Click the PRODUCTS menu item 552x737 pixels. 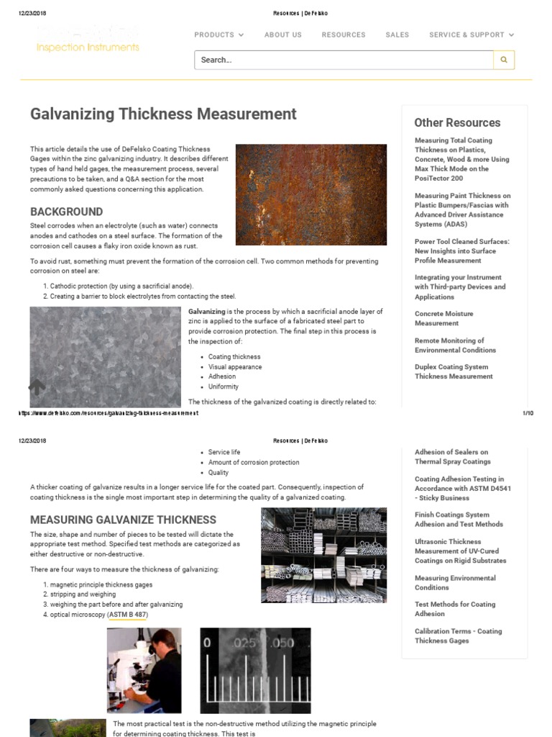pyautogui.click(x=218, y=35)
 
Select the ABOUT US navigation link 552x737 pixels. pyautogui.click(x=282, y=35)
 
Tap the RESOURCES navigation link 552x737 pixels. pyautogui.click(x=344, y=35)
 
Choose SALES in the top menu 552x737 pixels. pyautogui.click(x=397, y=35)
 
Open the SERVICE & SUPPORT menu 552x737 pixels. pyautogui.click(x=471, y=35)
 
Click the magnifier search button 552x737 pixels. pyautogui.click(x=504, y=60)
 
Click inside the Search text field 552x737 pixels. pyautogui.click(x=343, y=60)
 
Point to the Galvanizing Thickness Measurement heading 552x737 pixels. pyautogui.click(x=163, y=114)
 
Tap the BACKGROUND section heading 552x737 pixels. pyautogui.click(x=66, y=212)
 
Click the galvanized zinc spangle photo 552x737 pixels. pyautogui.click(x=105, y=356)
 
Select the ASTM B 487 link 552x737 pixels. pyautogui.click(x=127, y=615)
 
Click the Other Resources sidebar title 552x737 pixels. pyautogui.click(x=457, y=122)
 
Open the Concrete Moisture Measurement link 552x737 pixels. pyautogui.click(x=443, y=319)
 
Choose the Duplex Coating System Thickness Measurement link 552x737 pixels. pyautogui.click(x=454, y=371)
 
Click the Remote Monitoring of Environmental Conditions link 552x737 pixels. pyautogui.click(x=455, y=345)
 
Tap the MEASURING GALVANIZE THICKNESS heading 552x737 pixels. pyautogui.click(x=123, y=520)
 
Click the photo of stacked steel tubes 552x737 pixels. pyautogui.click(x=323, y=555)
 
